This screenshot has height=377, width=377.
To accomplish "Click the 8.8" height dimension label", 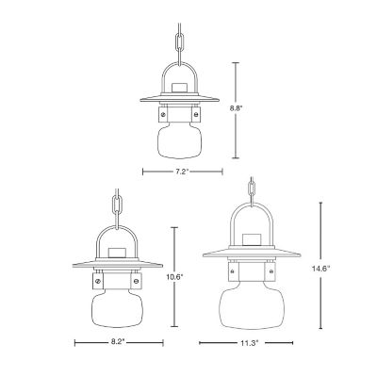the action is (x=237, y=109).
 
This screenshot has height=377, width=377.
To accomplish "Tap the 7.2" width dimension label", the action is (x=182, y=172).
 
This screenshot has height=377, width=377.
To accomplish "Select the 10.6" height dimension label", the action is (x=175, y=277).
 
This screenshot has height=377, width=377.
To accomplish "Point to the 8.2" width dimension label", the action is (x=118, y=342).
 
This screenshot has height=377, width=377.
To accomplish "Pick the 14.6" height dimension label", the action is (x=321, y=269).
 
